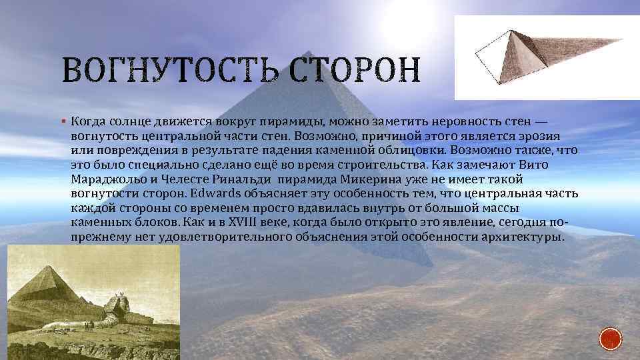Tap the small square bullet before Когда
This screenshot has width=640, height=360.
point(62,122)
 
